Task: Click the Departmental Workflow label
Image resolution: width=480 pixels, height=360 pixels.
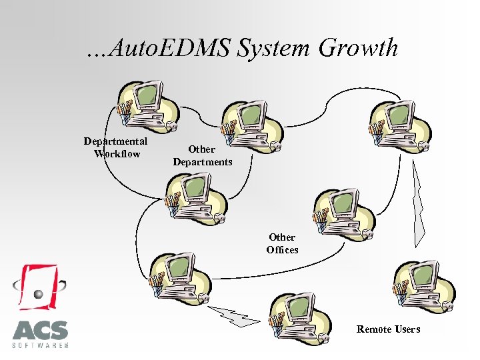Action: pos(117,148)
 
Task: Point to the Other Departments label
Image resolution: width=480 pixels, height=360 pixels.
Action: pos(202,155)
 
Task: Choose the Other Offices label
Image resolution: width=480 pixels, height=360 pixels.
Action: pos(282,243)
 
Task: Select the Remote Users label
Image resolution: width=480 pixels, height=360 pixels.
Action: pos(388,329)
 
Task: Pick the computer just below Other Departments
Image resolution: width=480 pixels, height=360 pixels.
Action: pos(197,196)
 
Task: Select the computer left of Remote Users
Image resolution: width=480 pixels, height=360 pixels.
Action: pos(301,317)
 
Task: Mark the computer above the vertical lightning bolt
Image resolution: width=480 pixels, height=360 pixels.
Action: pos(401,123)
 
